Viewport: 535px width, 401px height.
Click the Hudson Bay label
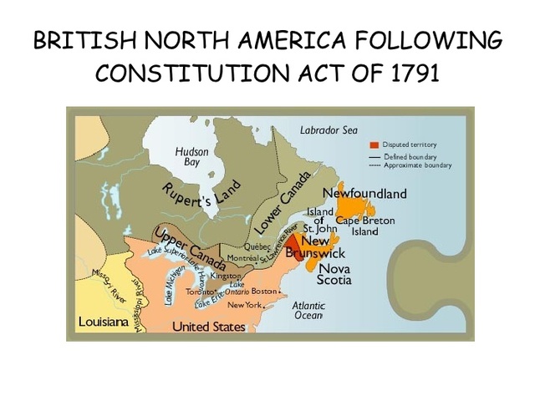tap(191, 156)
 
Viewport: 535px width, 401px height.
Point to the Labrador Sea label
tap(329, 129)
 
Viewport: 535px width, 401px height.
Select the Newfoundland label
tap(364, 194)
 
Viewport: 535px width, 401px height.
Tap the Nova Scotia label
tap(334, 274)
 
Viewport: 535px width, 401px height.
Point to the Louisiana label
tap(103, 322)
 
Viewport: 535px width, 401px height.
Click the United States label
tap(208, 327)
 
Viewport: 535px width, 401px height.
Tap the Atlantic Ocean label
tap(308, 310)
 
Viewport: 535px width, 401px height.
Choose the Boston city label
tap(264, 292)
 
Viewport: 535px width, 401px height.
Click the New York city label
tap(244, 305)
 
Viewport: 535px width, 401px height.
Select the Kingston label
tap(226, 275)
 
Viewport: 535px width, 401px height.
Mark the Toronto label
tap(199, 292)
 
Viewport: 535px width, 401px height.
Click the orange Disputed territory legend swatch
tap(374, 145)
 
